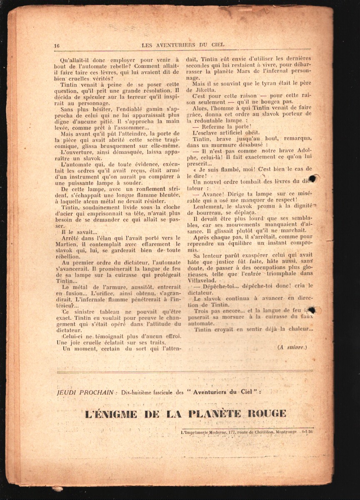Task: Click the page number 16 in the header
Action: (57, 45)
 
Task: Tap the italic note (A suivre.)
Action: (292, 347)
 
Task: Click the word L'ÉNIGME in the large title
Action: (111, 414)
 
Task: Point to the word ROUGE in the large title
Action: (267, 414)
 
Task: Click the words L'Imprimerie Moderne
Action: (204, 432)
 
